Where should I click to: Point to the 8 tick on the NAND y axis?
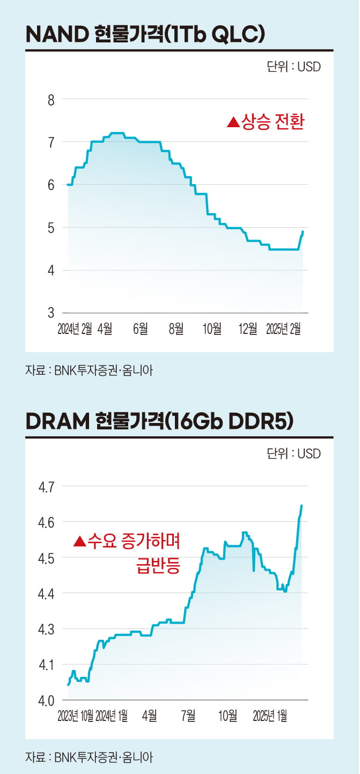click(x=51, y=100)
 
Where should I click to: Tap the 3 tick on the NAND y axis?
click(x=51, y=312)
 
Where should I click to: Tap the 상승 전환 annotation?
click(x=273, y=122)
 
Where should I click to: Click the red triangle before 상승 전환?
click(x=232, y=123)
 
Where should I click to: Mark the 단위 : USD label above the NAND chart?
click(x=293, y=67)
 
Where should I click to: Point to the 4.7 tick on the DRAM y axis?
click(x=48, y=487)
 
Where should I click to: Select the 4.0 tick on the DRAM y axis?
click(x=48, y=700)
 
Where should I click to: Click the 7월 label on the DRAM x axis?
click(x=188, y=716)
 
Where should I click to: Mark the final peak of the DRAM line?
click(x=302, y=505)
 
